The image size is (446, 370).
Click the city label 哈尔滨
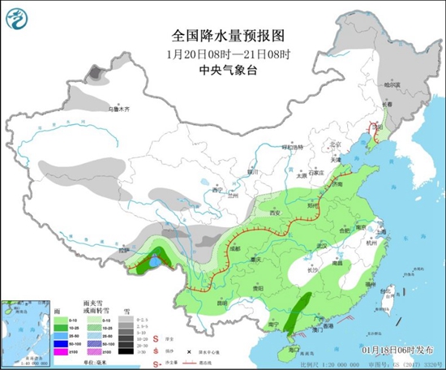(392, 85)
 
